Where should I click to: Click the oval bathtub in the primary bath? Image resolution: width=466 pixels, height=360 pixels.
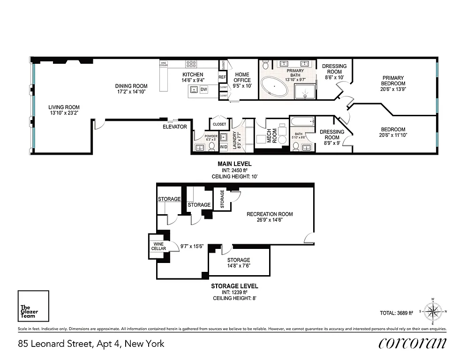tap(275, 87)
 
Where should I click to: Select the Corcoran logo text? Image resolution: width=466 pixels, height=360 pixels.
tap(413, 343)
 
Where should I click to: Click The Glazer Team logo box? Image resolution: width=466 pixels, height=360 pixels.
tap(33, 307)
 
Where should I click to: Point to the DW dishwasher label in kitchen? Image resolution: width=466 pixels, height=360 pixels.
tap(203, 90)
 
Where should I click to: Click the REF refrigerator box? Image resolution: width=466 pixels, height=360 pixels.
tap(222, 77)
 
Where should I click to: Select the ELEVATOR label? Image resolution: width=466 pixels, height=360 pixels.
tap(175, 127)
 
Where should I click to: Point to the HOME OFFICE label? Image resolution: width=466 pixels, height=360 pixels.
tap(242, 77)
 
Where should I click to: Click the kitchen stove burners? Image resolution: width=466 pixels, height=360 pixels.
tap(191, 65)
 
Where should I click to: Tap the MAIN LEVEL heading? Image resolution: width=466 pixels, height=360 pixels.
tap(234, 164)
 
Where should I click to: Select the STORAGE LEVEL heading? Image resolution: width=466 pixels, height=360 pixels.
tap(234, 285)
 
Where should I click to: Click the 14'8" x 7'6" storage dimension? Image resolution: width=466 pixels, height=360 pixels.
tap(239, 266)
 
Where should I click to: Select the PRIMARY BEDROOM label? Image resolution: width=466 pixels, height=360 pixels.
tap(393, 81)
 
